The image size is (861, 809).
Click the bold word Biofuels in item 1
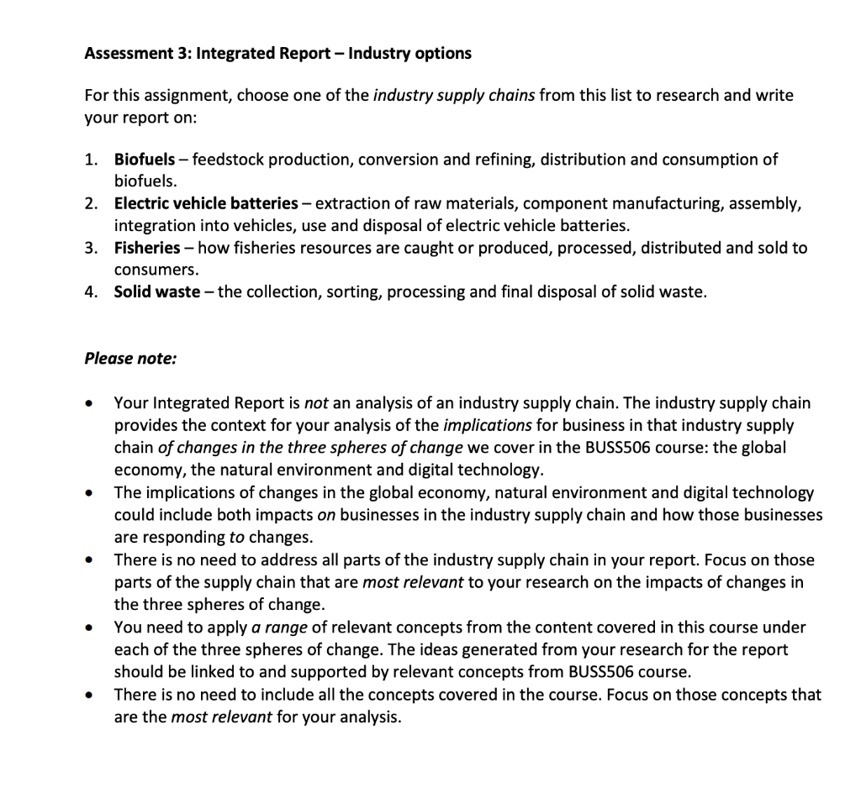[x=145, y=159]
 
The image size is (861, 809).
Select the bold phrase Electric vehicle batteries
[x=206, y=203]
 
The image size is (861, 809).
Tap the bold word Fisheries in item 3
[x=147, y=248]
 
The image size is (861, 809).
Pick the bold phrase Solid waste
[x=157, y=292]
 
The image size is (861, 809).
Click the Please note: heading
[x=130, y=359]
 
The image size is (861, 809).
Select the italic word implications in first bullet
[x=487, y=425]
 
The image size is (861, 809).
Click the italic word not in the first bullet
[x=315, y=403]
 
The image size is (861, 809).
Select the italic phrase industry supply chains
[x=453, y=95]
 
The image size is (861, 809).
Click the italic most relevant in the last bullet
[x=221, y=717]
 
